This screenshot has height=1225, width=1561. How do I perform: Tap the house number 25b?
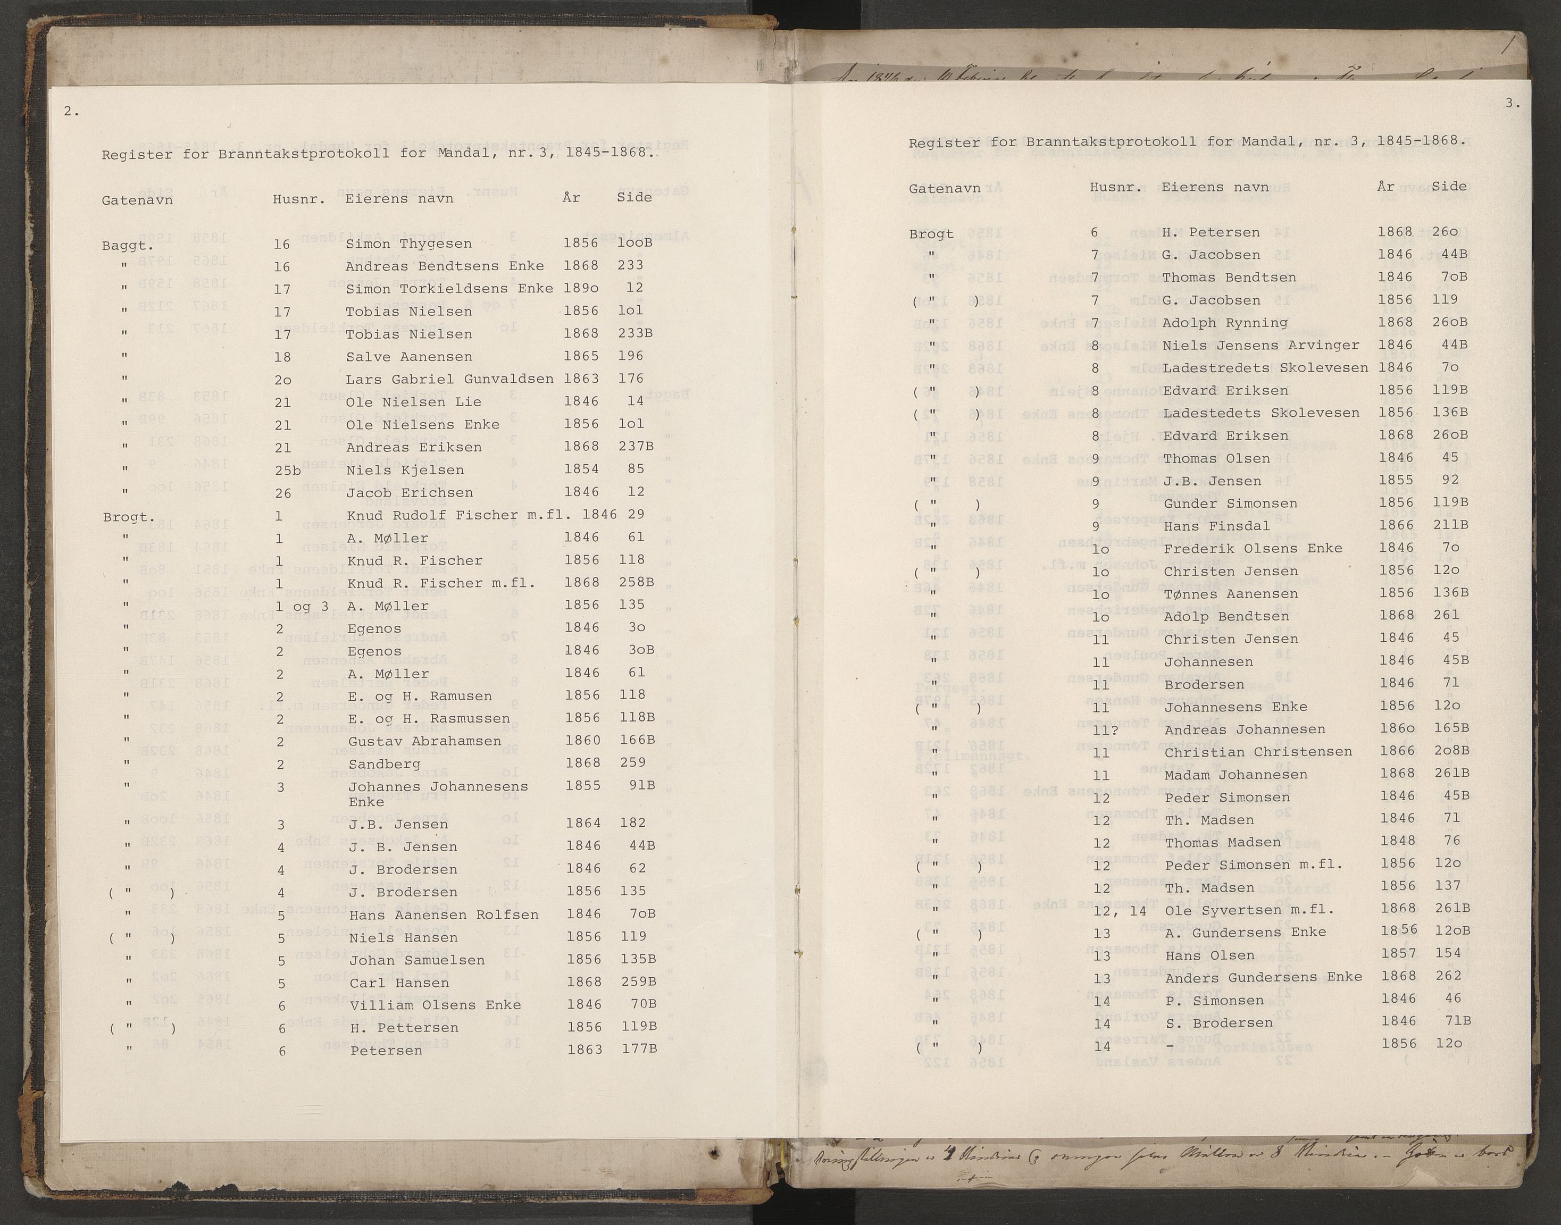[287, 471]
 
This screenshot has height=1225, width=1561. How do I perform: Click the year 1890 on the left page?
[580, 288]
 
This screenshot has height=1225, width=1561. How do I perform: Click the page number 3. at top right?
[1512, 103]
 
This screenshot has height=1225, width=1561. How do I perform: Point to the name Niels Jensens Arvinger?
[1261, 346]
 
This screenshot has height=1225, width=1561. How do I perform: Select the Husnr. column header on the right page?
[1115, 188]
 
